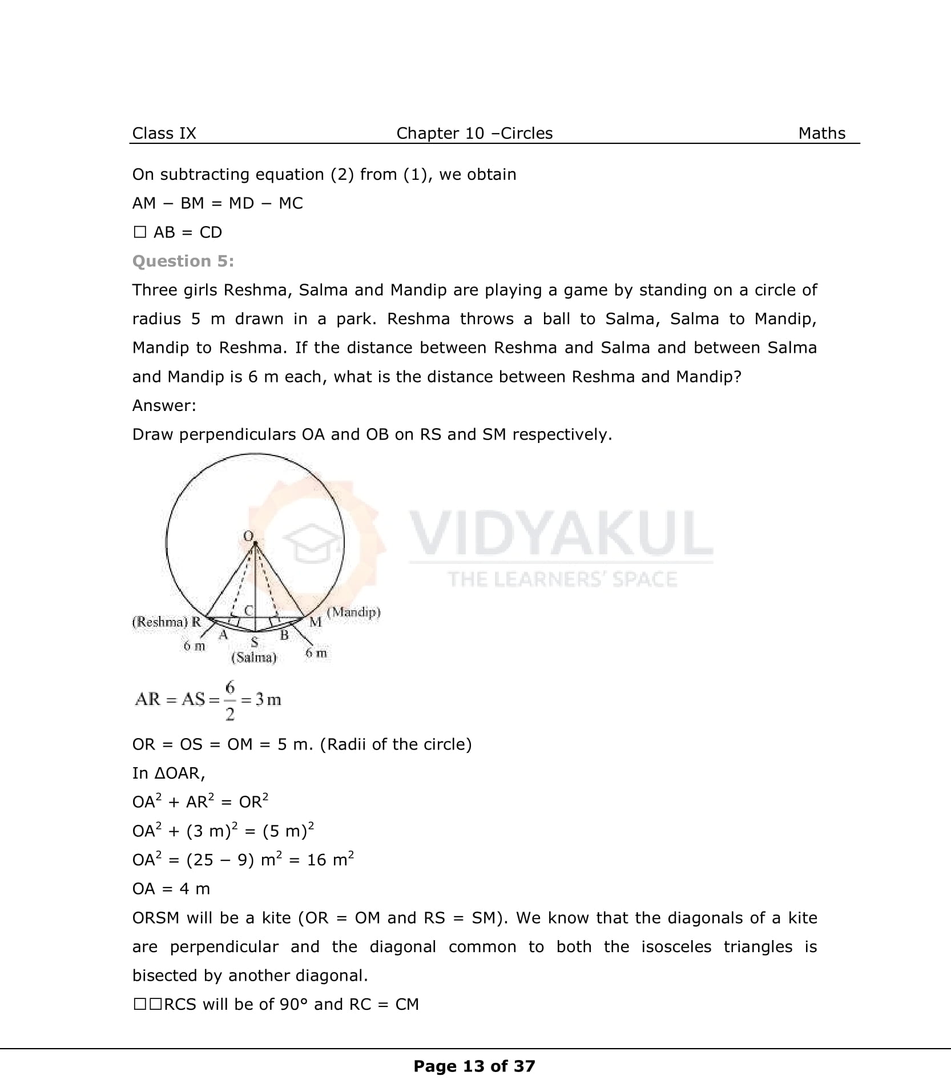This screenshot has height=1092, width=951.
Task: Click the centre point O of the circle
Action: [255, 542]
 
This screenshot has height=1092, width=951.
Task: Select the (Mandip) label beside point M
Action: [354, 612]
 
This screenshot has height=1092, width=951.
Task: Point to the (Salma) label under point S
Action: [253, 658]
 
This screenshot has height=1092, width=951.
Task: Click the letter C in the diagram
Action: [248, 610]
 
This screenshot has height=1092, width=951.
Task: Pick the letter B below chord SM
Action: [284, 635]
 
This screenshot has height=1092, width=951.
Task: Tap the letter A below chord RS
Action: [223, 635]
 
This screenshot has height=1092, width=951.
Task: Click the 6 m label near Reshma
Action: [194, 646]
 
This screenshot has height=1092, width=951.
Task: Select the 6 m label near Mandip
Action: [316, 652]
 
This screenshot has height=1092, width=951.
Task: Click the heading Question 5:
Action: [183, 261]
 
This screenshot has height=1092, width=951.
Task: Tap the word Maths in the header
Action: [821, 133]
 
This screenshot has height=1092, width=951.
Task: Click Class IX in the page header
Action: [164, 133]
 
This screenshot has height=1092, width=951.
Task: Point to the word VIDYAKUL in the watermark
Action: [561, 534]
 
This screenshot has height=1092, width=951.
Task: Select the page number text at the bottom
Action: [474, 1066]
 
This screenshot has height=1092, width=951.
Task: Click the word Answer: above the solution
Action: [164, 405]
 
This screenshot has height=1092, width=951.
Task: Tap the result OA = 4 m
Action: [171, 889]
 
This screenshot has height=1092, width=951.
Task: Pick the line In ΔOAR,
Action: [168, 773]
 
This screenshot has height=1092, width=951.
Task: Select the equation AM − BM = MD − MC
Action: [217, 203]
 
